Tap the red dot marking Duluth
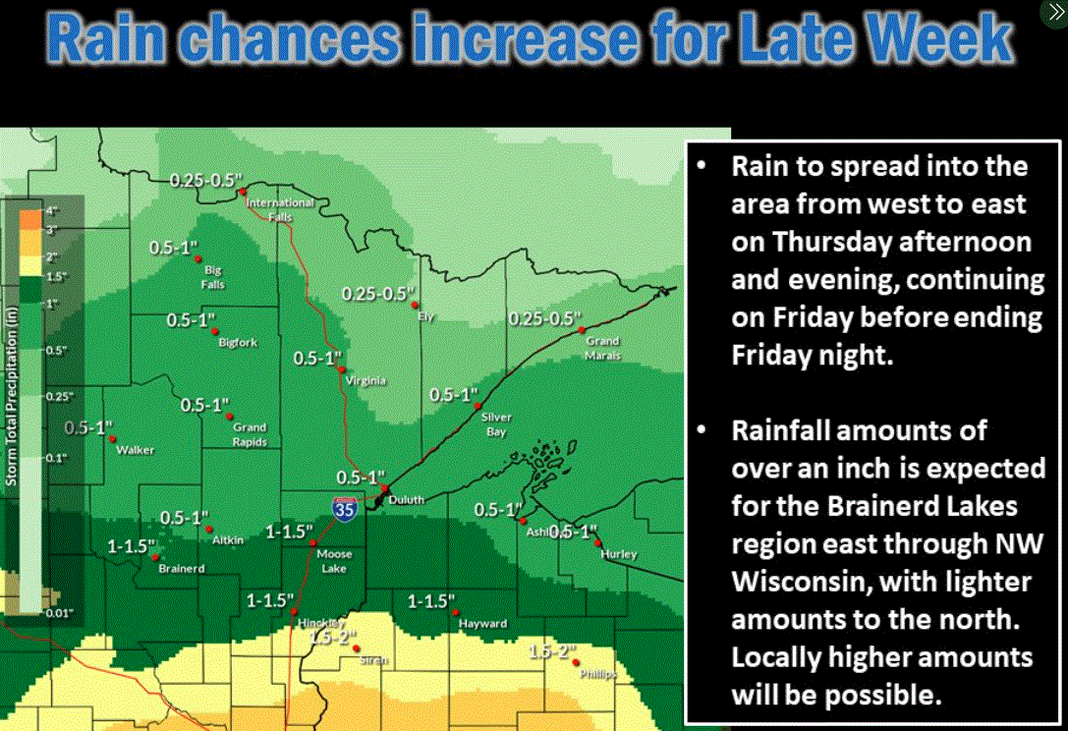coord(386,488)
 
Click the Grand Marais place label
coord(603,348)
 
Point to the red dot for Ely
coord(415,306)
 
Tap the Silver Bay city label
coord(496,423)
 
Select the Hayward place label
coord(482,624)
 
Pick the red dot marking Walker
coord(112,438)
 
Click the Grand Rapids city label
coord(250,434)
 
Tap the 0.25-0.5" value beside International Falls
coord(205,181)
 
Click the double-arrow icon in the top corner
coord(1052,13)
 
